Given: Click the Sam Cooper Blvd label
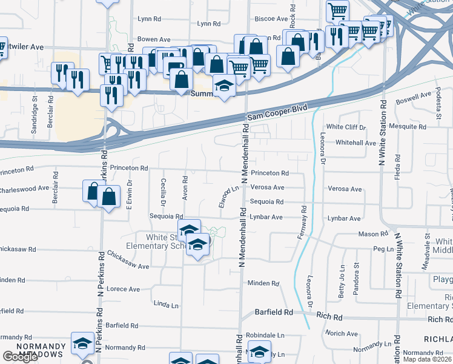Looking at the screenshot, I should [277, 113].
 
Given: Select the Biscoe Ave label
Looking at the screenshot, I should [268, 19].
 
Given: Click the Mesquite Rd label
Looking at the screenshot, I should [409, 127].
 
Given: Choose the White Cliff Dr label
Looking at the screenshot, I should [346, 127].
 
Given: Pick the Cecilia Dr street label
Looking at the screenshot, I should [164, 190].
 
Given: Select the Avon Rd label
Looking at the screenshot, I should [185, 188].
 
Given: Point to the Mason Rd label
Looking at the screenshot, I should [372, 234].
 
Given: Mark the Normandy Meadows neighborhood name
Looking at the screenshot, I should [40, 350].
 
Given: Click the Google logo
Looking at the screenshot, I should [20, 357].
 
